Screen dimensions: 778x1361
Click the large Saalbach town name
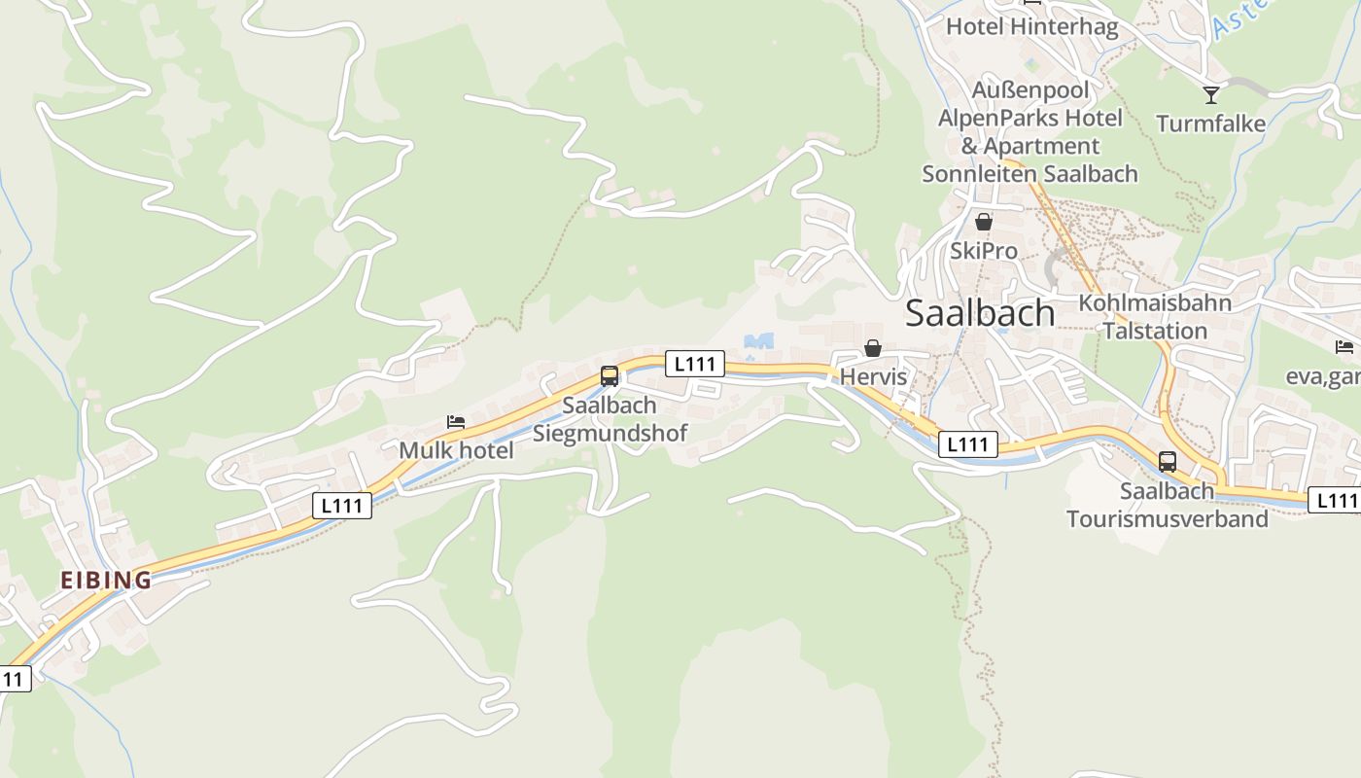980,313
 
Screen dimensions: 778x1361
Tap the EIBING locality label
106,581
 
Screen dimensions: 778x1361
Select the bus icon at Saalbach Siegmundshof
610,375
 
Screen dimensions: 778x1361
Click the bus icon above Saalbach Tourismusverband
1168,462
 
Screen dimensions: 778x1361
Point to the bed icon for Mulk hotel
455,422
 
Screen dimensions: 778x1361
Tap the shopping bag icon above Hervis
873,348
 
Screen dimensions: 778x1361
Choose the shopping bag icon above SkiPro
984,222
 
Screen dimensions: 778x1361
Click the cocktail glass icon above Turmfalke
1210,94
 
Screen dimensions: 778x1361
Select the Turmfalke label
1210,124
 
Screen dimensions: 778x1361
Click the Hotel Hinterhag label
1031,26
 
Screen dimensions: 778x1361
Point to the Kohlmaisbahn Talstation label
1155,316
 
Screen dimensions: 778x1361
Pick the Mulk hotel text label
456,450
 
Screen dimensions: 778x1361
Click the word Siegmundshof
610,433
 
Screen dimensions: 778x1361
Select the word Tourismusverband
1167,518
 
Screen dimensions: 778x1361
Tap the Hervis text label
873,376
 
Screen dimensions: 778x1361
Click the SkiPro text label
984,251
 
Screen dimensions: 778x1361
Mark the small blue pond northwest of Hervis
758,341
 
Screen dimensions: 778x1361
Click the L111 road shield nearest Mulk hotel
342,506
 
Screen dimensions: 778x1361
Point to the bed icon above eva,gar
1344,347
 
